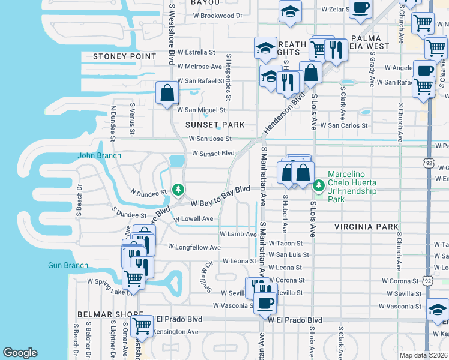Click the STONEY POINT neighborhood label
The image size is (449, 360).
click(x=124, y=56)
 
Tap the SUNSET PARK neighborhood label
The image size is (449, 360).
click(x=215, y=125)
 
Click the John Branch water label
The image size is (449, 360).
click(x=100, y=155)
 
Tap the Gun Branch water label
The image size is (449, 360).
click(x=68, y=265)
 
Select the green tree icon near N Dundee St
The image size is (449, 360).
click(x=178, y=190)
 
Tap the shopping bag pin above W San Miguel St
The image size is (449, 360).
click(x=167, y=94)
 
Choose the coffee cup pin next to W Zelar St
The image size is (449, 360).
click(x=361, y=8)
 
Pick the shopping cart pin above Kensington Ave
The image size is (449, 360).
click(x=142, y=326)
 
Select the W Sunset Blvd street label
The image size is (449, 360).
click(x=212, y=153)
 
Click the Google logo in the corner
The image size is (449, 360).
click(x=20, y=353)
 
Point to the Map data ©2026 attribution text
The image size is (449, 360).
click(x=424, y=355)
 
